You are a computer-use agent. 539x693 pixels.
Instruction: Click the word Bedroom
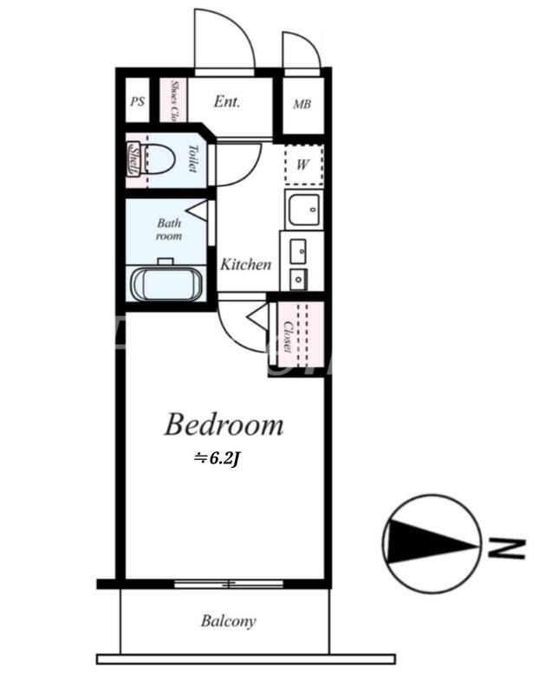[x=224, y=424]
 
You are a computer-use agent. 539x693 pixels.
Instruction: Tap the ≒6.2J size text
[x=217, y=460]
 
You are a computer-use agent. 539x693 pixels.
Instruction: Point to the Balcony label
[x=228, y=621]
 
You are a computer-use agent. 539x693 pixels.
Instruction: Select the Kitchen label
[x=245, y=264]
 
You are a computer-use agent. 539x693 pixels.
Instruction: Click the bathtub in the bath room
[x=167, y=284]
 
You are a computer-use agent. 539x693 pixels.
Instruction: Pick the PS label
[x=137, y=101]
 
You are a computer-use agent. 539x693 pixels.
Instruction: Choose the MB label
[x=302, y=104]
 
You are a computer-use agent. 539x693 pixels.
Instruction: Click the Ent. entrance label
[x=227, y=101]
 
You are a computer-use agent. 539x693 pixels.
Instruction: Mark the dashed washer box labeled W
[x=303, y=165]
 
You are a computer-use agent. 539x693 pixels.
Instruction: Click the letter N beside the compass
[x=505, y=548]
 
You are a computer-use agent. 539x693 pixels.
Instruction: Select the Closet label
[x=288, y=336]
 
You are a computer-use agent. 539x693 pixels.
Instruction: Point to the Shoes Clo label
[x=174, y=100]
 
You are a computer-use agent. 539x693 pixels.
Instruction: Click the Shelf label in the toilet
[x=133, y=159]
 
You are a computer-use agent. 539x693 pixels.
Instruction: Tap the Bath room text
[x=169, y=229]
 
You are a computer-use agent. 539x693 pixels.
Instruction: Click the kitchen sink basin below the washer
[x=303, y=209]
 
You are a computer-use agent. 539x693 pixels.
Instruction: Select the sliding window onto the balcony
[x=228, y=584]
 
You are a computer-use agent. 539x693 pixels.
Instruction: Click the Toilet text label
[x=192, y=158]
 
